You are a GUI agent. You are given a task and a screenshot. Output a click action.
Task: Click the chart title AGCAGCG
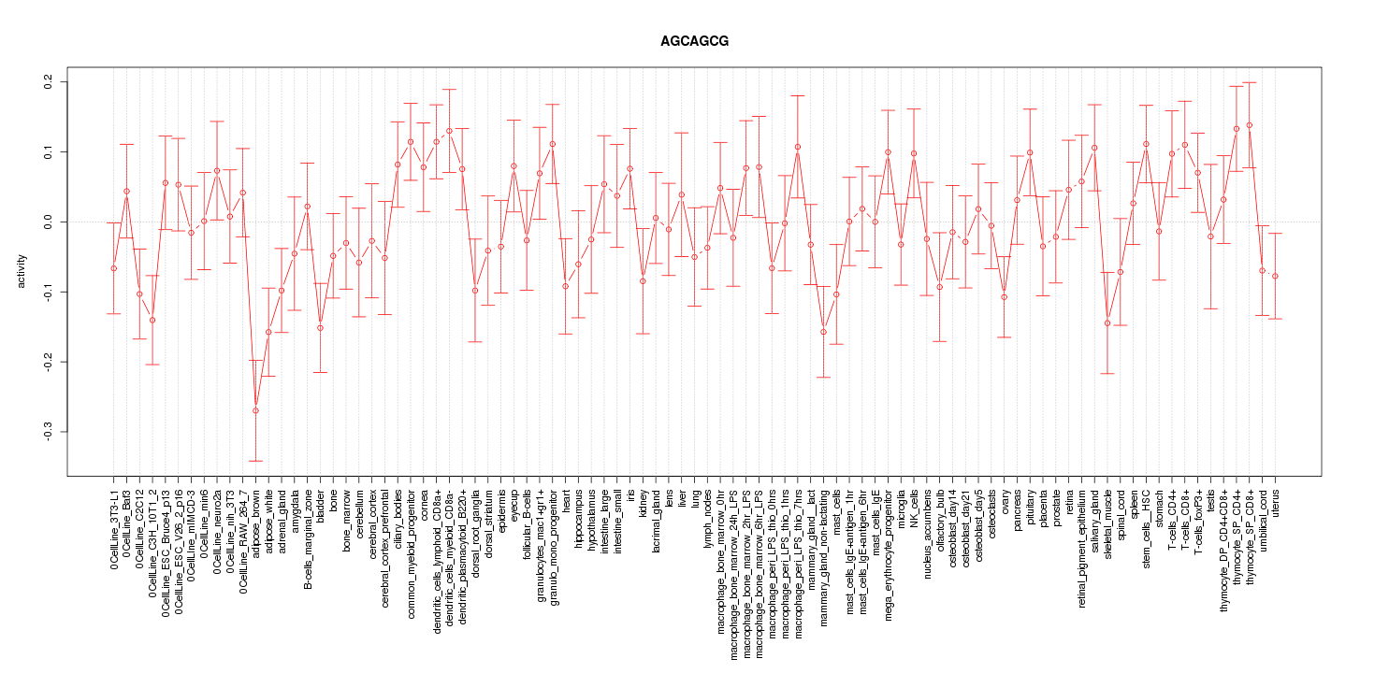694,42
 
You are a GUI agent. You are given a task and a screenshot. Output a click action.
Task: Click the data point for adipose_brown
255,410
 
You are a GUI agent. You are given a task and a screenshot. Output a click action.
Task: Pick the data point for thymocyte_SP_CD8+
1249,125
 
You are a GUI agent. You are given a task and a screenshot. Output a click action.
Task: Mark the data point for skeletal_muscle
1107,323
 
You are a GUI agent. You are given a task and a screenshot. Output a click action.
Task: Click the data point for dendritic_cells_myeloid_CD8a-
449,131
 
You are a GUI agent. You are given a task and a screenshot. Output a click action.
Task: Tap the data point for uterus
1275,276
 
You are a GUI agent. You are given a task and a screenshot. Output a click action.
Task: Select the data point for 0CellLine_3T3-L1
114,268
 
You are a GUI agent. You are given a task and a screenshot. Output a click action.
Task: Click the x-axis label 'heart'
566,502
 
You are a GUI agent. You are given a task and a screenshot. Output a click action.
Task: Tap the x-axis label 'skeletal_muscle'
1108,523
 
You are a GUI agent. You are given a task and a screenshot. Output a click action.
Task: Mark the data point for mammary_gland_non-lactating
824,332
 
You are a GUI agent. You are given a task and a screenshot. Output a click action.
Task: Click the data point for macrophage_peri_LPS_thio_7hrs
798,147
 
